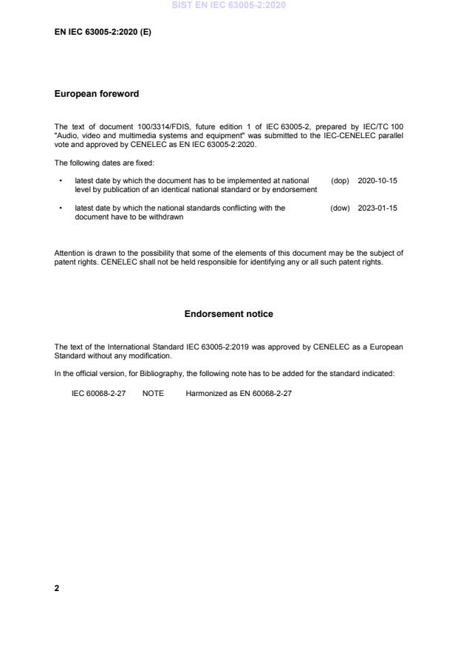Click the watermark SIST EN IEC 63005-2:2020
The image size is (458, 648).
click(228, 6)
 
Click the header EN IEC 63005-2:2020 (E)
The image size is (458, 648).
click(103, 33)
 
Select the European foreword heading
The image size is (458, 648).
click(97, 94)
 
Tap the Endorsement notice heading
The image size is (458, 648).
click(228, 314)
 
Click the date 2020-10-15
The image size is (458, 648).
click(377, 181)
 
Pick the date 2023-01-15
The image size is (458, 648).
click(377, 208)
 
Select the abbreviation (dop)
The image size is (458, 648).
click(340, 181)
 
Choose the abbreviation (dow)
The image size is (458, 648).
click(340, 208)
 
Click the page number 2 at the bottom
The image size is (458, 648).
click(57, 588)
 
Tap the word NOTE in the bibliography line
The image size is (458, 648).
click(153, 394)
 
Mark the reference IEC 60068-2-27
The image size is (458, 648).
click(98, 394)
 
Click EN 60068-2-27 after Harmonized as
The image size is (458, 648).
click(265, 394)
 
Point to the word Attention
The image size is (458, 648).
click(70, 253)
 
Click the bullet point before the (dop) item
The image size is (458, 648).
click(60, 181)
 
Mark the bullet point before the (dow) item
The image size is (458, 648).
click(60, 208)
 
